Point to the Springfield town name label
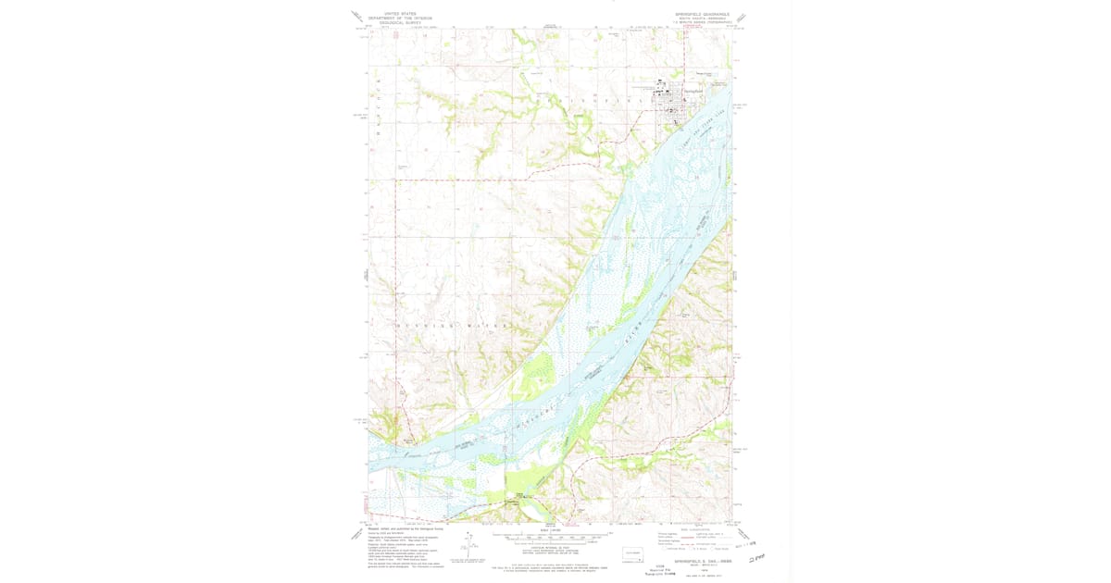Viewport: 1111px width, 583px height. pos(693,91)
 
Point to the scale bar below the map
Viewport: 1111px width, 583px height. pos(551,535)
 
